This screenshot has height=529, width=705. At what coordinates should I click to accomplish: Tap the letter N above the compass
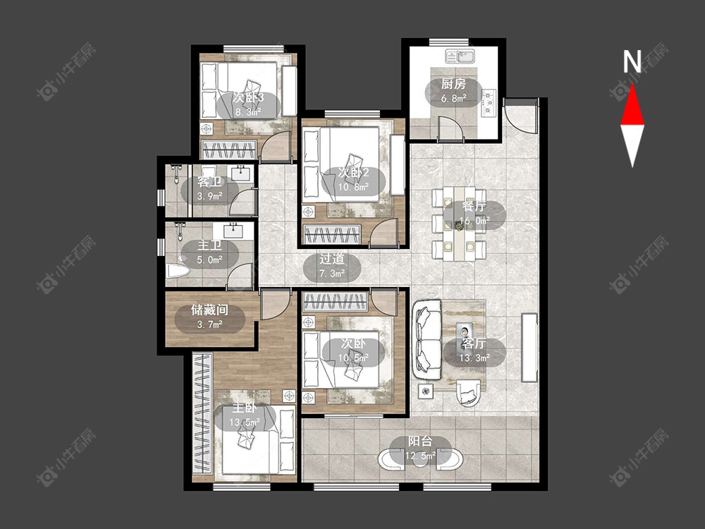coord(632,61)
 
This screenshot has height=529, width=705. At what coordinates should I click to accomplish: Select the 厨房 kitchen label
coord(453,84)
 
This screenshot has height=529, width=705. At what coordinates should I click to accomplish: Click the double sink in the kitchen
coord(460,56)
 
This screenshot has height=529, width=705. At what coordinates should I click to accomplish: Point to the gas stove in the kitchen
coord(489,103)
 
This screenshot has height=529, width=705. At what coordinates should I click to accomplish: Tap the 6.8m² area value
coord(453,98)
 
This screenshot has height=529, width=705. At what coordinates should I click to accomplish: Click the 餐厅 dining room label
coord(474,207)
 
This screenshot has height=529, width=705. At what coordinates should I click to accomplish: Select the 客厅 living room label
coord(474,343)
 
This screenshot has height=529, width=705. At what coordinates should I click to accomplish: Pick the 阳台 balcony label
coord(420,442)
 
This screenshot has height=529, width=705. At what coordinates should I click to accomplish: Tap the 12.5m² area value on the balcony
coord(420,456)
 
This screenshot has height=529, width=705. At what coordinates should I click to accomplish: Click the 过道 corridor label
coord(332,259)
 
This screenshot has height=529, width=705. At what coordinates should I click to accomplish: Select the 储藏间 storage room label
coord(209,310)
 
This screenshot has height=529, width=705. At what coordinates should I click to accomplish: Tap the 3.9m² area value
coord(209,197)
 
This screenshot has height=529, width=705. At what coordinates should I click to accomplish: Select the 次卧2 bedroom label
coord(353,172)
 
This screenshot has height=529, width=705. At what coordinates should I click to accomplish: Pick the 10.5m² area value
coord(353,358)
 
